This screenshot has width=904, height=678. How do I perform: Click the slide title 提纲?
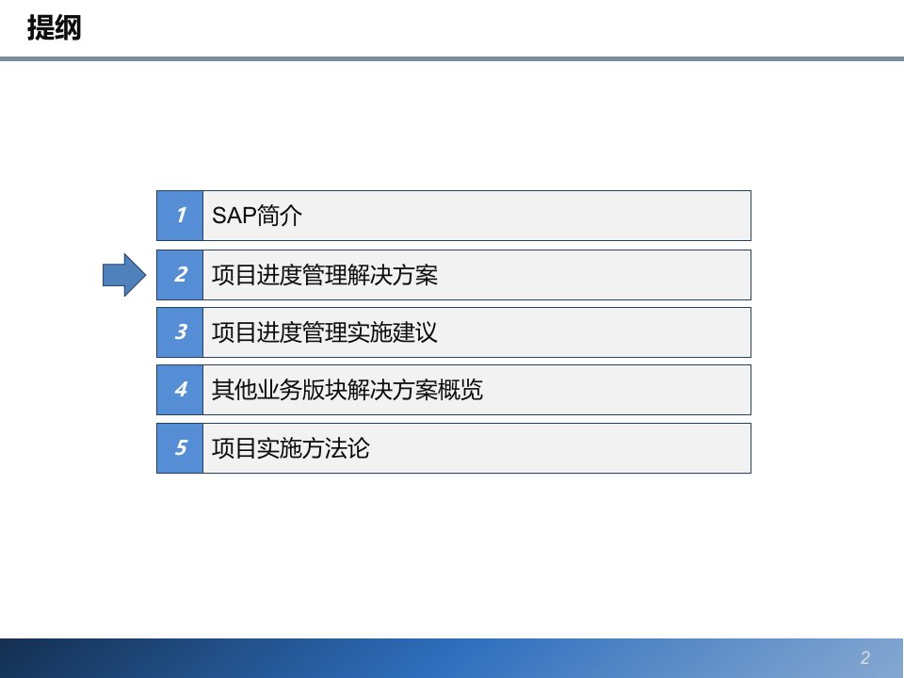click(55, 27)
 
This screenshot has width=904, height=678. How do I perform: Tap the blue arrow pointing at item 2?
click(124, 275)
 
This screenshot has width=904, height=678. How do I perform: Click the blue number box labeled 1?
click(180, 216)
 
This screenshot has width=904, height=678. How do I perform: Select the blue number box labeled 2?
click(180, 275)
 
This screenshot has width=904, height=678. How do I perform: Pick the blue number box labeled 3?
click(180, 332)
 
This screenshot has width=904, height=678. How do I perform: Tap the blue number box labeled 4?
click(180, 390)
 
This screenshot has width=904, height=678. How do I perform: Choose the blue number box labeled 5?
click(180, 448)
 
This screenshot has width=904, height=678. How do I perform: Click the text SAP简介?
click(256, 216)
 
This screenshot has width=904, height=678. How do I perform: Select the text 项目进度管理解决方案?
click(325, 275)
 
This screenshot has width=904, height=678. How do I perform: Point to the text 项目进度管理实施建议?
click(325, 332)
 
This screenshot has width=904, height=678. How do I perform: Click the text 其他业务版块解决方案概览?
click(347, 390)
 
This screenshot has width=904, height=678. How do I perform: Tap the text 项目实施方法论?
click(291, 448)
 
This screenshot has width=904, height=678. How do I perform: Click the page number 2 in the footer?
click(864, 658)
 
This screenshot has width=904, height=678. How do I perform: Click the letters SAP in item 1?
click(234, 216)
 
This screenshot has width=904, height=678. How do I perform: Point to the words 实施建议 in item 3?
click(393, 332)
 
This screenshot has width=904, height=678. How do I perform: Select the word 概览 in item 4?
click(460, 390)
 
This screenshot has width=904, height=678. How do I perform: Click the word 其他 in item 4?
click(234, 390)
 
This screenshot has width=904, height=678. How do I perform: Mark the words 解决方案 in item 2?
click(393, 275)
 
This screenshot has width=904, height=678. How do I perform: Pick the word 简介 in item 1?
click(279, 216)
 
